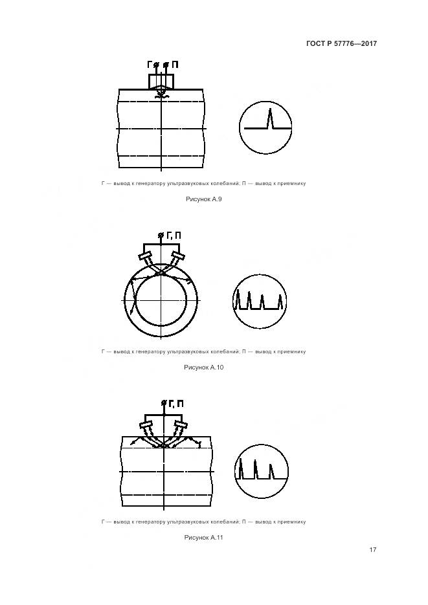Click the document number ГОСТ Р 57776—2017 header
(x=341, y=43)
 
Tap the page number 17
(x=372, y=549)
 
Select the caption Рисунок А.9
(x=203, y=199)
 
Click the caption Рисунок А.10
(x=203, y=368)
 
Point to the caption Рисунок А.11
(x=203, y=538)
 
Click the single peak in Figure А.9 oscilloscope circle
(x=270, y=118)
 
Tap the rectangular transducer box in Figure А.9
(x=161, y=82)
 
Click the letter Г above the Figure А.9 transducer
(x=150, y=65)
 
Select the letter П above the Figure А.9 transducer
(x=175, y=65)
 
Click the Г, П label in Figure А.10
(x=174, y=236)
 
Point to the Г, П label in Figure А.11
(x=176, y=404)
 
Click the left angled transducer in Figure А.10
(x=146, y=256)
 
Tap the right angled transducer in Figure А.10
(x=177, y=256)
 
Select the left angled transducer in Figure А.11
(x=146, y=425)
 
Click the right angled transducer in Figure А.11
(x=181, y=425)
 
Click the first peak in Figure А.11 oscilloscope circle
(x=242, y=468)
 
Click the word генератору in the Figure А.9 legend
(x=148, y=183)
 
